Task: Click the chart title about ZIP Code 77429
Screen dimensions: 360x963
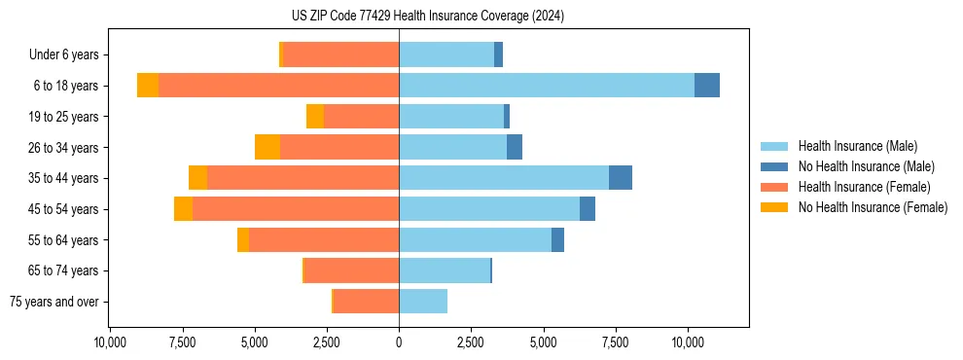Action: pos(427,17)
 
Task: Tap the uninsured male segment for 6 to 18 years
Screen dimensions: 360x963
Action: pos(707,86)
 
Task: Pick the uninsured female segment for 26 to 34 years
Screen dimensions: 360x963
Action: pos(267,147)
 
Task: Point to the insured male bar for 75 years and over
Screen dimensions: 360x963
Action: pos(423,302)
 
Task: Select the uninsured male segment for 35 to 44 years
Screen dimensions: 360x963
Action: pos(621,178)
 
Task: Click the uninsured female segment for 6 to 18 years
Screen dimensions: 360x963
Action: pos(148,86)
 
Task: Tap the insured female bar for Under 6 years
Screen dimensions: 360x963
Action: pos(340,54)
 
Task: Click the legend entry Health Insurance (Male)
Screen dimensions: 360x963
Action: pos(857,146)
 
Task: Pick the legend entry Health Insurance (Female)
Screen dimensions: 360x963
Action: pos(864,187)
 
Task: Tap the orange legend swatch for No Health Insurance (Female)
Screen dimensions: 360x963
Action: pos(774,207)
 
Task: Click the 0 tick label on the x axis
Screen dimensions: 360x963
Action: pos(399,342)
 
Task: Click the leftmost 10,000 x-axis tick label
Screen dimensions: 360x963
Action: pos(109,342)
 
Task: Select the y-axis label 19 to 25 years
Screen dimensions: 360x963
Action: pos(65,117)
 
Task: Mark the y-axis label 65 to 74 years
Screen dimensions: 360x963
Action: pos(65,270)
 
